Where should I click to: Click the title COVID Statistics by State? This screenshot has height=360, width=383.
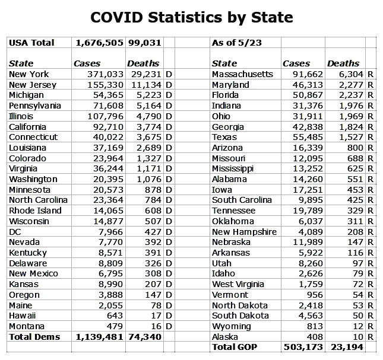pyautogui.click(x=191, y=17)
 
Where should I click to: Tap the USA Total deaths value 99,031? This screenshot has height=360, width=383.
pyautogui.click(x=143, y=43)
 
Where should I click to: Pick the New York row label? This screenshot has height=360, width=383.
pyautogui.click(x=29, y=74)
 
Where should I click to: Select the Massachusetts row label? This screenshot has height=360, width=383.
pyautogui.click(x=242, y=74)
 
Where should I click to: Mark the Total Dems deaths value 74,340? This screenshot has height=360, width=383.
pyautogui.click(x=143, y=337)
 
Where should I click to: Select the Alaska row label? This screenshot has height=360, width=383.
pyautogui.click(x=225, y=336)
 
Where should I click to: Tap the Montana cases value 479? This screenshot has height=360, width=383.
pyautogui.click(x=113, y=326)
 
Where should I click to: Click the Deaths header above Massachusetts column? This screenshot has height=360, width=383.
pyautogui.click(x=343, y=63)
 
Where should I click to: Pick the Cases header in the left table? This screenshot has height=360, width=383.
pyautogui.click(x=87, y=63)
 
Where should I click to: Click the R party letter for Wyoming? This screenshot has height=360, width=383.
pyautogui.click(x=370, y=326)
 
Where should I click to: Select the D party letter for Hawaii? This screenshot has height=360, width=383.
pyautogui.click(x=169, y=316)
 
